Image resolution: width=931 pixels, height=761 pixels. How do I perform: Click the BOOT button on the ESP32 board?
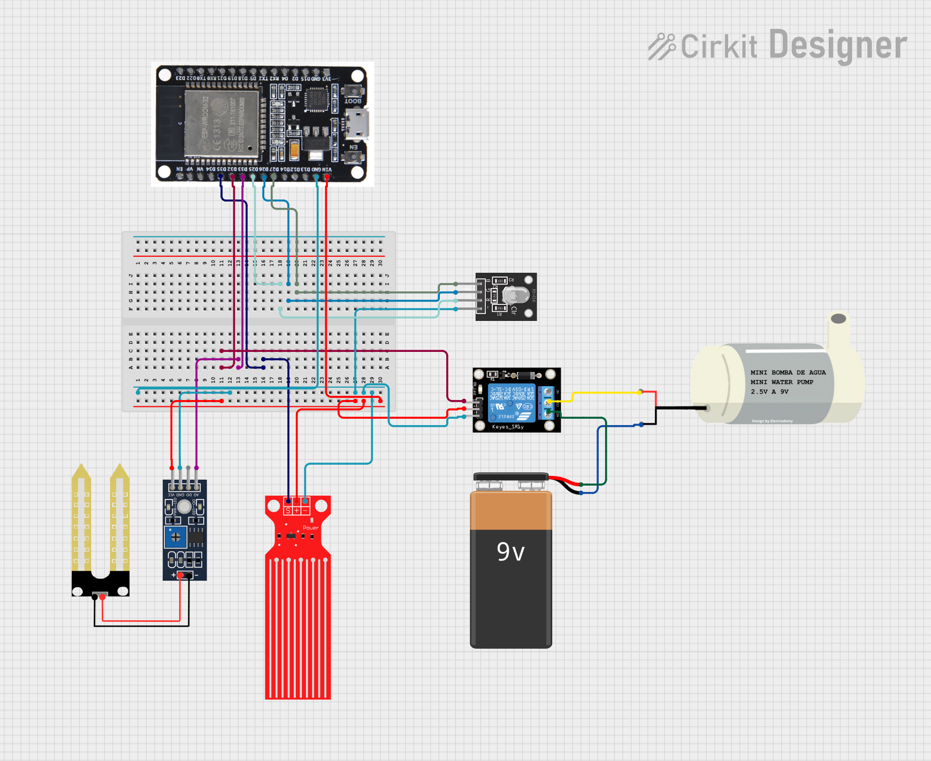[353, 90]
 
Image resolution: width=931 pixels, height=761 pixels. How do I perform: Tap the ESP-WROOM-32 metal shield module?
[222, 124]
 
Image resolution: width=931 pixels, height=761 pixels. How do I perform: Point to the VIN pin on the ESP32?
[327, 176]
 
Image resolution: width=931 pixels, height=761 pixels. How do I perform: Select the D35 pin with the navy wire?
[220, 176]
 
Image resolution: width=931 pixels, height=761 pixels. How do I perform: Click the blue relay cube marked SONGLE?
[511, 402]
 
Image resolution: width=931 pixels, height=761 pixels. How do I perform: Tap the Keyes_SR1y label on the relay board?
[508, 427]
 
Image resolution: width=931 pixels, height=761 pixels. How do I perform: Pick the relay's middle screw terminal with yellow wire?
[548, 402]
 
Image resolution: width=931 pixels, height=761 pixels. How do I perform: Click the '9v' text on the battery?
[510, 551]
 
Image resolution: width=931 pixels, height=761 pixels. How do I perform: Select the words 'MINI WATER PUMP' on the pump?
[782, 382]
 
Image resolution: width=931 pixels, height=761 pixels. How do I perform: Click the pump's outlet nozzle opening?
[838, 319]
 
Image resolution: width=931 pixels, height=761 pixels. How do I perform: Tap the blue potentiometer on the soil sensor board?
[175, 537]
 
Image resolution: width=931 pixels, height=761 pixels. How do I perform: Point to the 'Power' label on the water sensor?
[310, 528]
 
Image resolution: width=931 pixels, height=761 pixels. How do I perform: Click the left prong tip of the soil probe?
[81, 471]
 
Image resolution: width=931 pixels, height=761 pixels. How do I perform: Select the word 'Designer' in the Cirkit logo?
[837, 46]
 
